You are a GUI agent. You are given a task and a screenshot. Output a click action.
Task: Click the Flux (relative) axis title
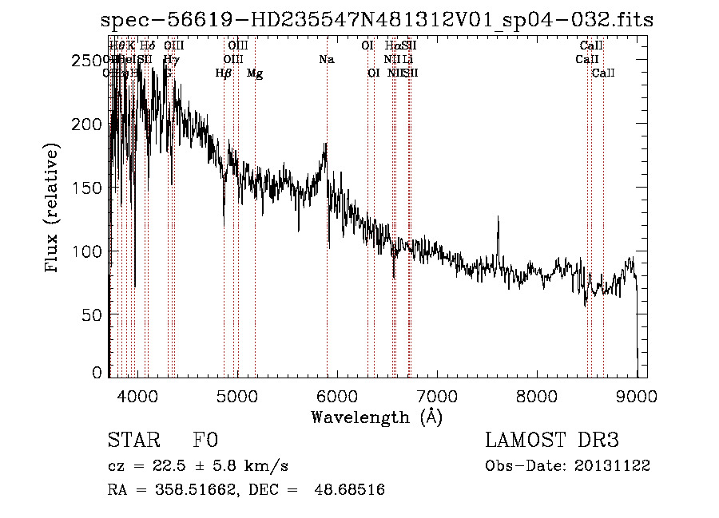coord(54,209)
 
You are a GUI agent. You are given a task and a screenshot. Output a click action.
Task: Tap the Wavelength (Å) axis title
coord(376,417)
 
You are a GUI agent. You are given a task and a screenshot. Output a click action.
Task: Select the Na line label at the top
coord(326,60)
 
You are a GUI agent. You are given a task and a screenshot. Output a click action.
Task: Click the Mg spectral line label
coord(255,73)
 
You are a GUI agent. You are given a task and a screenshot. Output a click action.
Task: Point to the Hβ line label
coord(224,73)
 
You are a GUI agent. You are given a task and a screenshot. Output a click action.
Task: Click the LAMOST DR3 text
coord(552,441)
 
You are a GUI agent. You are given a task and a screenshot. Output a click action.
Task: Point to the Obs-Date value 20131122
coord(613,465)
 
